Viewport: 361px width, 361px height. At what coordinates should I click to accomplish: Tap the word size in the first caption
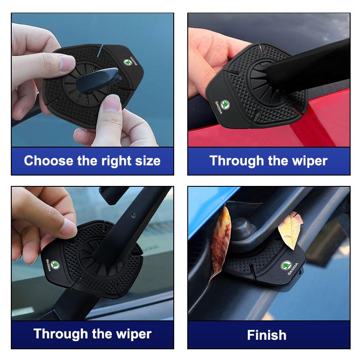(x=147, y=161)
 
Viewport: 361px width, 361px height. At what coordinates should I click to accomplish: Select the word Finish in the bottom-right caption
(x=267, y=335)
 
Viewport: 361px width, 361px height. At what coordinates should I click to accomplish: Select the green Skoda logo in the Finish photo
(x=287, y=266)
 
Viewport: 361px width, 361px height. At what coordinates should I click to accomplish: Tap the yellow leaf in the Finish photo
(x=290, y=230)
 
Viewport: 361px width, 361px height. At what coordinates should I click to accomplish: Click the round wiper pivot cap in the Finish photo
(x=243, y=228)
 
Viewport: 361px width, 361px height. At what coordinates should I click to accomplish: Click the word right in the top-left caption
(x=112, y=161)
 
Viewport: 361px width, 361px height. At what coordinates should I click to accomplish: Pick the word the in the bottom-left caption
(x=96, y=334)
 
